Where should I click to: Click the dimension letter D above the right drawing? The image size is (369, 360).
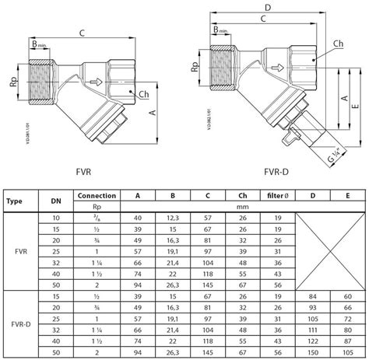tap(267, 8)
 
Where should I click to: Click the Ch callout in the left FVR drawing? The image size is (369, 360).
tap(144, 94)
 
